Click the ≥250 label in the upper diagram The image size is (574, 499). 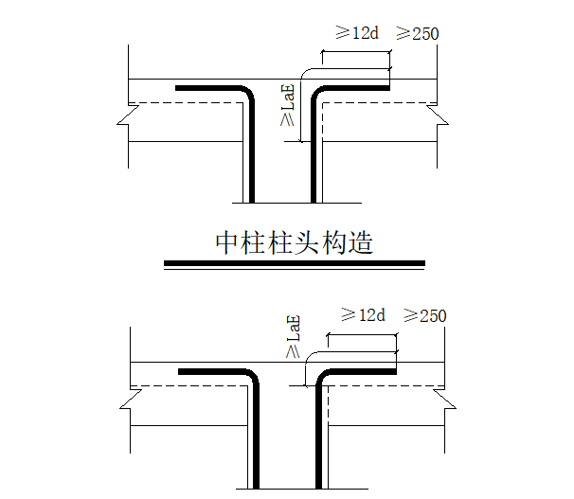click(x=417, y=33)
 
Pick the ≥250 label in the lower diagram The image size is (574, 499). click(x=424, y=314)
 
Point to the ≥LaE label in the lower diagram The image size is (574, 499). click(x=293, y=336)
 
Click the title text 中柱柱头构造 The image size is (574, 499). click(x=294, y=243)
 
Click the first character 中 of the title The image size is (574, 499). click(x=228, y=243)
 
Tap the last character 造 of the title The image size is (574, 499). click(x=359, y=243)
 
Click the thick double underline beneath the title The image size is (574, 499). click(x=294, y=263)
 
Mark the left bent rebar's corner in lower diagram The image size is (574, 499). click(x=252, y=376)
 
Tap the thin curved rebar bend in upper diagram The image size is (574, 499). click(x=305, y=75)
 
